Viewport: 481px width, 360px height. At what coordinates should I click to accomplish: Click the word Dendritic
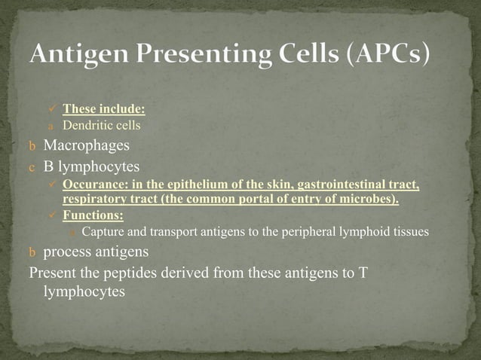pos(84,125)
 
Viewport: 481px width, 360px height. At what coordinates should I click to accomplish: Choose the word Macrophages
pos(86,144)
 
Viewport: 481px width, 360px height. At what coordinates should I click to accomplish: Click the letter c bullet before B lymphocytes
pos(23,165)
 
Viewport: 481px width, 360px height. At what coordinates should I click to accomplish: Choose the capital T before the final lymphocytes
pos(363,272)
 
